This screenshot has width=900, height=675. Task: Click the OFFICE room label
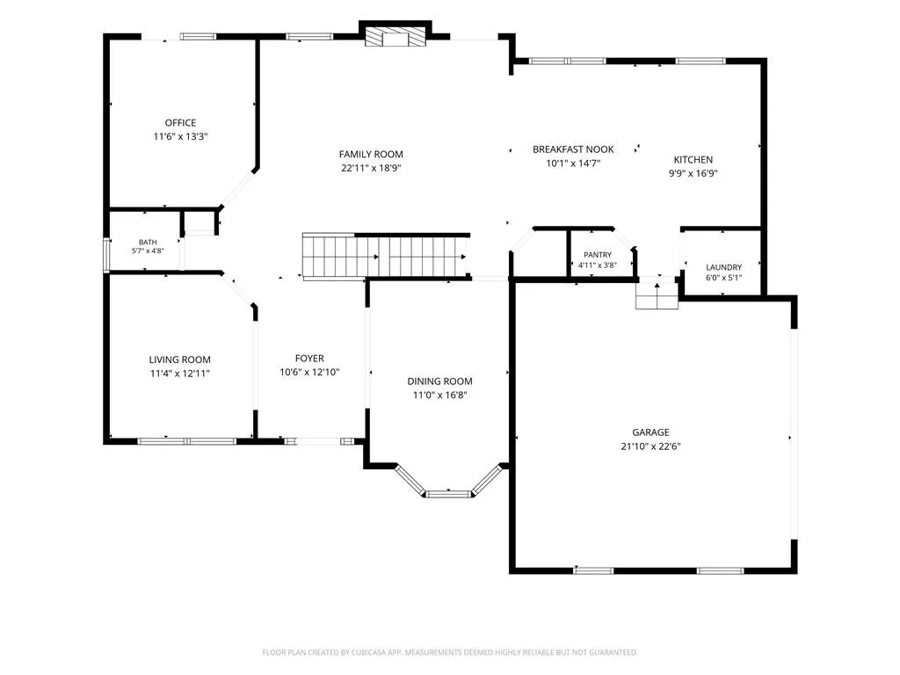[x=180, y=123]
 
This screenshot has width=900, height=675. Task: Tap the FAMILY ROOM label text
[x=371, y=155]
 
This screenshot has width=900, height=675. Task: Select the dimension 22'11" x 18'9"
[x=371, y=168]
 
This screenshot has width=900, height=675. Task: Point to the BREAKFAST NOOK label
[x=573, y=149]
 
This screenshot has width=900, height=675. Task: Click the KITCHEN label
[x=693, y=160]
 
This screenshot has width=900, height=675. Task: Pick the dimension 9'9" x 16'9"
[x=693, y=173]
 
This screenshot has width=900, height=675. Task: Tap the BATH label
[x=148, y=243]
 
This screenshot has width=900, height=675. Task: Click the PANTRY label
[x=598, y=255]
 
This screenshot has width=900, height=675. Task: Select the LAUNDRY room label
[x=723, y=267]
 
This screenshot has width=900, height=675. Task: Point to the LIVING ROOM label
[x=179, y=359]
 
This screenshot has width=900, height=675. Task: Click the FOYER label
[x=309, y=359]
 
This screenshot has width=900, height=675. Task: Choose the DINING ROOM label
[x=439, y=381]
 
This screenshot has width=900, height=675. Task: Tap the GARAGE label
[x=650, y=432]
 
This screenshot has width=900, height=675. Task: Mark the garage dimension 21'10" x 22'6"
[x=650, y=446]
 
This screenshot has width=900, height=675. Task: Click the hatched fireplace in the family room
[x=396, y=37]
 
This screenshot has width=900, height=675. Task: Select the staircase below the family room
[x=385, y=257]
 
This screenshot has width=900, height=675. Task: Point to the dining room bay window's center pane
[x=447, y=493]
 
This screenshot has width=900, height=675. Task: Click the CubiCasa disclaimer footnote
[x=450, y=652]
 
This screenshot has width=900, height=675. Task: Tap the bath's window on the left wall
[x=106, y=254]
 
